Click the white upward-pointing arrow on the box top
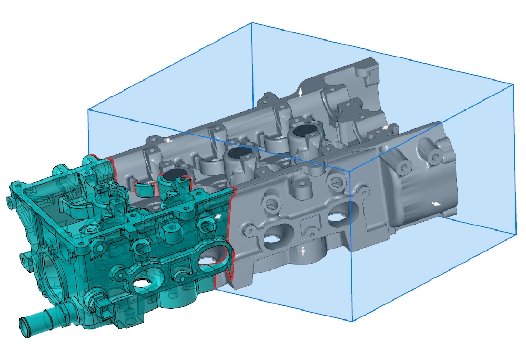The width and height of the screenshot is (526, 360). click(301, 93)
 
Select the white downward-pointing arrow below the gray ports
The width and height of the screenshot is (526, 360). click(303, 253)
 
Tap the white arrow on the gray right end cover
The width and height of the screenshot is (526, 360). click(436, 203)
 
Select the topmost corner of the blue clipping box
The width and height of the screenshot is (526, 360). click(252, 23)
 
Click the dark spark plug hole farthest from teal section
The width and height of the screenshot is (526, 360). click(304, 129)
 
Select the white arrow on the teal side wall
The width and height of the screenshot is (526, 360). click(218, 215)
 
